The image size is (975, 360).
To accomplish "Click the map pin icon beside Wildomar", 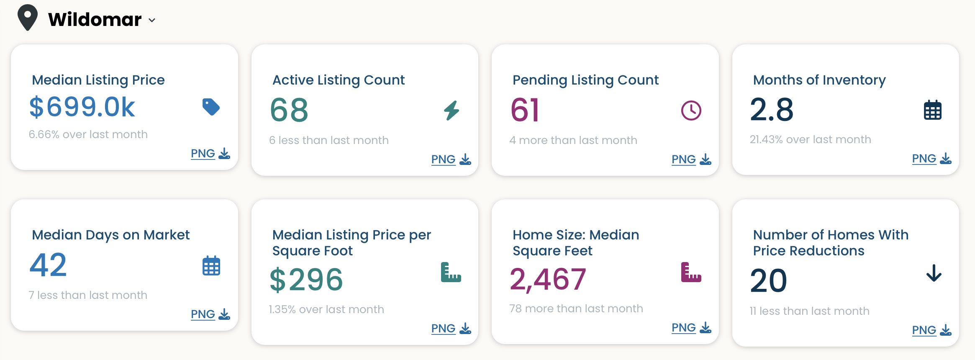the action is (x=28, y=17).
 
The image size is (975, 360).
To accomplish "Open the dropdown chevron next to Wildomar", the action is (x=152, y=20).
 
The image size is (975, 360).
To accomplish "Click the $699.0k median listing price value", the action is (x=82, y=107).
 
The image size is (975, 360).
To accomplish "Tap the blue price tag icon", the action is (x=211, y=107).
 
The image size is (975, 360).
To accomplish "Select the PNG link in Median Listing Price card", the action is (x=203, y=154).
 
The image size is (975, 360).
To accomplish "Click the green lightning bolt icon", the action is (x=452, y=111).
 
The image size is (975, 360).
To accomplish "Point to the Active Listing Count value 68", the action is (x=289, y=110).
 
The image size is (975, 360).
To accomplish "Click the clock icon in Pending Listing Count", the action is (x=691, y=111).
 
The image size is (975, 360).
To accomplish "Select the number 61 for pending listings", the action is (x=525, y=110).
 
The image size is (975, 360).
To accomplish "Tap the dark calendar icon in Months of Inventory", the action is (x=932, y=110).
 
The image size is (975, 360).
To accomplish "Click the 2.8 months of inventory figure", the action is (x=772, y=109).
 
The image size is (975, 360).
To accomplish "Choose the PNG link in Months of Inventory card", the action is (x=924, y=159).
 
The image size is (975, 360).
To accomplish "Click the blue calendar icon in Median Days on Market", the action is (x=211, y=266).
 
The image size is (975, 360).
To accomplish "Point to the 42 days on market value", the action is (x=48, y=265).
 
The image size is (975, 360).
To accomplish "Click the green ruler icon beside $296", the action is (x=451, y=272).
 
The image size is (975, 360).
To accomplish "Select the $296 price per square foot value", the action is (x=306, y=280).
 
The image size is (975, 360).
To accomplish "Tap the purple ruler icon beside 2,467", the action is (x=691, y=272).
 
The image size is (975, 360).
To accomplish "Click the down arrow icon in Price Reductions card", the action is (x=934, y=273).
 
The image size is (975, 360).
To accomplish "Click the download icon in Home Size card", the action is (x=705, y=327).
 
